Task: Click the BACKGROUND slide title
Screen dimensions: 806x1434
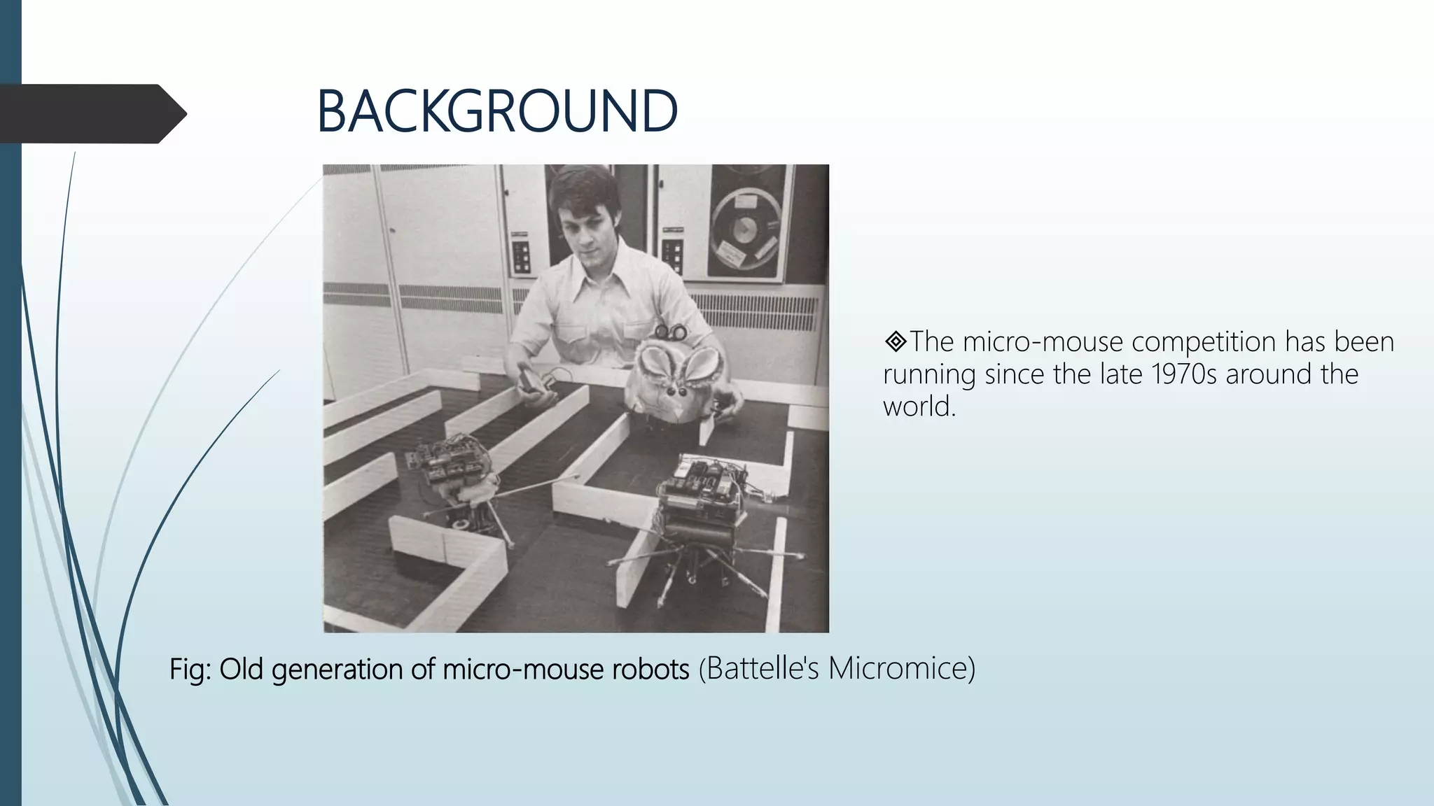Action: click(496, 112)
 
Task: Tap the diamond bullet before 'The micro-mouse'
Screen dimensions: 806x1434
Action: click(895, 342)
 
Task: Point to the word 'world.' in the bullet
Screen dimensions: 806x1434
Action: click(919, 406)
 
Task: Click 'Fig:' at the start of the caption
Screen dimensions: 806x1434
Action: click(190, 670)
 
